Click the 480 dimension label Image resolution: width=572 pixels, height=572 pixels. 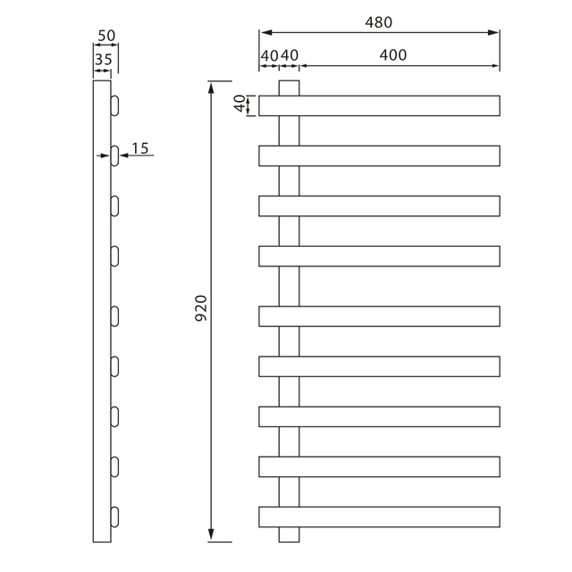pos(379,22)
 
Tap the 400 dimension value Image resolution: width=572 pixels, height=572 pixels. pos(393,55)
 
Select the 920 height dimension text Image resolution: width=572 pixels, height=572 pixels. pos(201,308)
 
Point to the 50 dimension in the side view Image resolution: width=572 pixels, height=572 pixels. pos(106,36)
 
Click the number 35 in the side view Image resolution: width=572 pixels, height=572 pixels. pos(104,60)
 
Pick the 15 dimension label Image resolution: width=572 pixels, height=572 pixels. pos(140,148)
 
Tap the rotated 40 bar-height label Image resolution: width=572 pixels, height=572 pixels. pos(240,104)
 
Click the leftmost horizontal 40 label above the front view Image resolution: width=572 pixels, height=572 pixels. pos(270,55)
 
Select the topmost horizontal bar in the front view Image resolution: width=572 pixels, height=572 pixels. pos(379,105)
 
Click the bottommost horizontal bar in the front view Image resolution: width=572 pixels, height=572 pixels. pos(379,517)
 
